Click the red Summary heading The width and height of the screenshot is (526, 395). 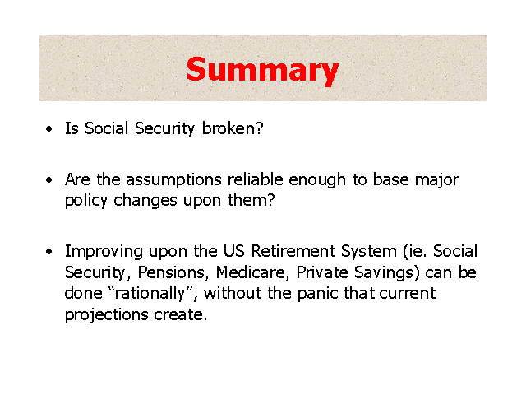click(262, 72)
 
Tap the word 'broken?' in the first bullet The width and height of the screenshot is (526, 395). click(233, 128)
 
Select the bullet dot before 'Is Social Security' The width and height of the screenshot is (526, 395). click(49, 129)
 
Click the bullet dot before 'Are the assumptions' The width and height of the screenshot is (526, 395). click(49, 180)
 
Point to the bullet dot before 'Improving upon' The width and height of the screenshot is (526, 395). click(49, 252)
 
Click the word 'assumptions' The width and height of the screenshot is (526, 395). click(173, 181)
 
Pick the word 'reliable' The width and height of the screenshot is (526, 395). click(256, 179)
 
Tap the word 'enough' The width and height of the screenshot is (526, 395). click(317, 181)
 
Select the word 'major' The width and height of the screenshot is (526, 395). click(437, 181)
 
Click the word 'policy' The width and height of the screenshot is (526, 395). click(85, 202)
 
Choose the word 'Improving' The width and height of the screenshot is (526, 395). click(104, 253)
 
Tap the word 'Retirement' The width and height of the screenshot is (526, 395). click(293, 251)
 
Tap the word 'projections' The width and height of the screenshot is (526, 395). click(106, 315)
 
